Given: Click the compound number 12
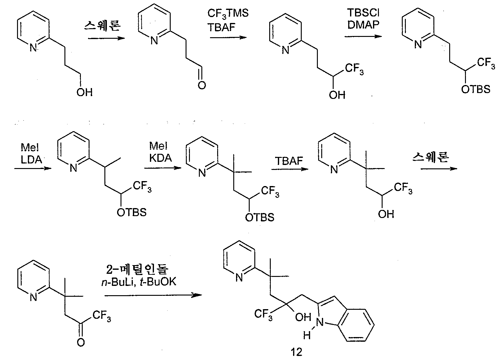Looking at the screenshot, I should point(296,352).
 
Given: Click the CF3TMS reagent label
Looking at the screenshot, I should point(228,14).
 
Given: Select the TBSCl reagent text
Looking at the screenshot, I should point(363,13).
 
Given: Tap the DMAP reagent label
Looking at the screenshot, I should point(363,24).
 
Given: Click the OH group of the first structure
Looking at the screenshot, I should point(85,92).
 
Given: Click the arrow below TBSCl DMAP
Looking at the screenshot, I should point(363,37).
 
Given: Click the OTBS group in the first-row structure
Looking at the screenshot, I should point(476,89).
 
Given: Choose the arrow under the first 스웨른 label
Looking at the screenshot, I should point(106,38).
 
